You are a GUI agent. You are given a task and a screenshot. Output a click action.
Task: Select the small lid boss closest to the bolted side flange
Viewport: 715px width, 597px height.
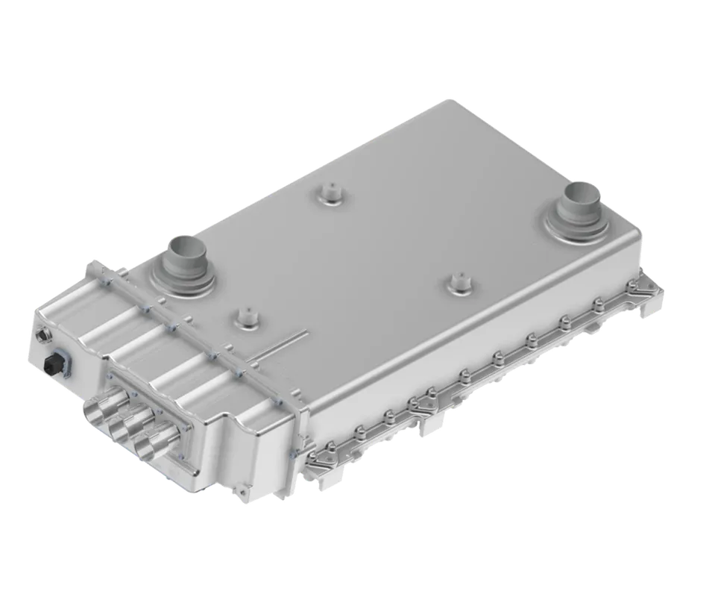(x=457, y=284)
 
